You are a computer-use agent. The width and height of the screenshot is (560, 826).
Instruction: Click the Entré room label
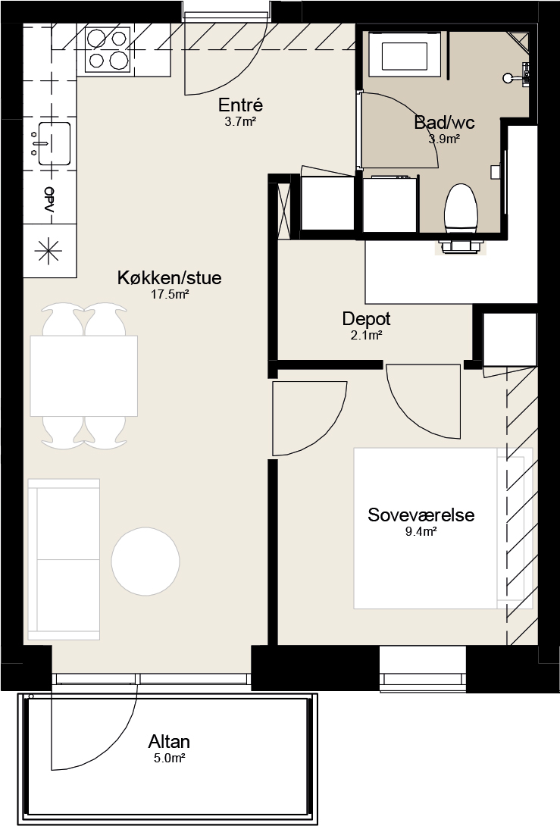point(240,105)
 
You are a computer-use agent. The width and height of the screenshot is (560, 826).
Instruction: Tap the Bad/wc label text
point(444,122)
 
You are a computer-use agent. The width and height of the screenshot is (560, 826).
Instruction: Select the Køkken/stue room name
point(169,277)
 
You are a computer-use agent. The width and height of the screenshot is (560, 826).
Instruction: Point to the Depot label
point(366,319)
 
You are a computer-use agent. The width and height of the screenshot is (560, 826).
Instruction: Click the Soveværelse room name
point(421,515)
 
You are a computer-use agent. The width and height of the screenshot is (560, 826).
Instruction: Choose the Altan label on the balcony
point(168,742)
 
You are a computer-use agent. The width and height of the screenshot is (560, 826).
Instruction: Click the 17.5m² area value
point(170,295)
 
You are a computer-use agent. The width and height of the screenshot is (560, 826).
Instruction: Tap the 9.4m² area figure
point(421,531)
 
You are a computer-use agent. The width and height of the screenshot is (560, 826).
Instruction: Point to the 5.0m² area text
point(168,759)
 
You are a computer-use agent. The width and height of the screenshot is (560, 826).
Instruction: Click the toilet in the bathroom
point(461,211)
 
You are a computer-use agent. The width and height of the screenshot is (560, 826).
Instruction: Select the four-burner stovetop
point(108,49)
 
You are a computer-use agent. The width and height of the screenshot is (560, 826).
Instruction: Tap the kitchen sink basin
point(55,143)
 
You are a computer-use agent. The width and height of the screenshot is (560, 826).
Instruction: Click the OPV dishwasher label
point(49,199)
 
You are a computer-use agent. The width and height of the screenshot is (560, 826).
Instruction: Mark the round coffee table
point(145,562)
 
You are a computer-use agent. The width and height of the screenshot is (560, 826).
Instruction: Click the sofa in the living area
point(64,559)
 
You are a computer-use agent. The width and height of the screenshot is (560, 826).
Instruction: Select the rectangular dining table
point(84,376)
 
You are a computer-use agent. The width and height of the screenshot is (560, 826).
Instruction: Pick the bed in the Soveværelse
point(443,528)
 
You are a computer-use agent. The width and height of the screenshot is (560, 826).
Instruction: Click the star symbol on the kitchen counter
point(48,251)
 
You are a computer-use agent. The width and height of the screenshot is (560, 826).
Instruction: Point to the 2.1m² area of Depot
point(366,335)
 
